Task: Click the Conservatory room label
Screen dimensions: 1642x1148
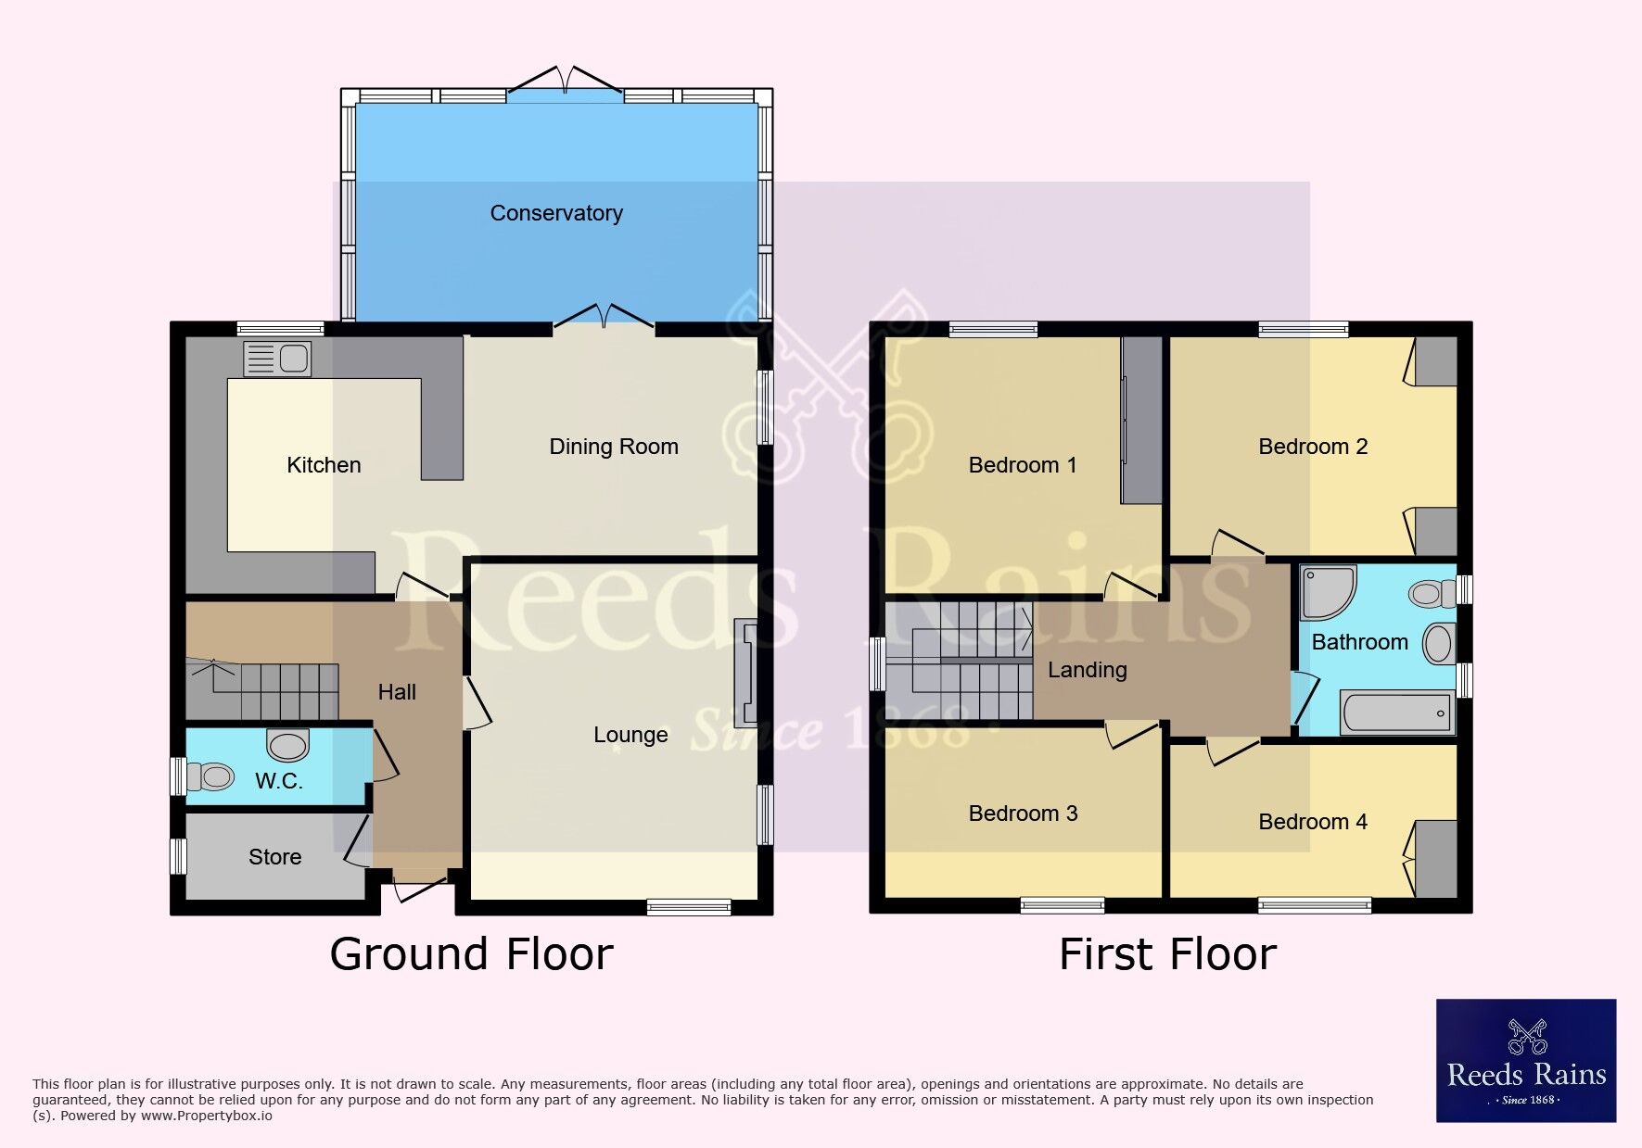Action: pos(556,213)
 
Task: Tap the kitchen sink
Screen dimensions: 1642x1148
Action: pos(277,359)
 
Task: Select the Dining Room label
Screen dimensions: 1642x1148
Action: pos(614,447)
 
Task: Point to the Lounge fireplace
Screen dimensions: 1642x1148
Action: pos(746,673)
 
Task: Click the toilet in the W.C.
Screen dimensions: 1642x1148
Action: pos(210,776)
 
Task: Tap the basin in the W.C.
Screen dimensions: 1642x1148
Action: pos(287,743)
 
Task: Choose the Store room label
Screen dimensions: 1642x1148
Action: pos(275,857)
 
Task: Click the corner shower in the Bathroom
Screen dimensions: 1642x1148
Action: pos(1329,592)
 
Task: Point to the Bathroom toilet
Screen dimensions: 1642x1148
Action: pos(1432,593)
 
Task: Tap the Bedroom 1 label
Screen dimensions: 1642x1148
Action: pos(1023,465)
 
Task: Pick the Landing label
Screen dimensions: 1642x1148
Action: pos(1088,670)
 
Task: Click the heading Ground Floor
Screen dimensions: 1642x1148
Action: pos(472,954)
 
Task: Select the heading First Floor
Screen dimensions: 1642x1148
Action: pos(1168,954)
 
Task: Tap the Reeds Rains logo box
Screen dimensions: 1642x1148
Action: pos(1526,1061)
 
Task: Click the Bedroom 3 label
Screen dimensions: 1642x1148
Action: pos(1023,814)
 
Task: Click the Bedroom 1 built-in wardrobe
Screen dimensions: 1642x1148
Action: pos(1141,421)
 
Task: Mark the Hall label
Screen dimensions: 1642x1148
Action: pos(397,692)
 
